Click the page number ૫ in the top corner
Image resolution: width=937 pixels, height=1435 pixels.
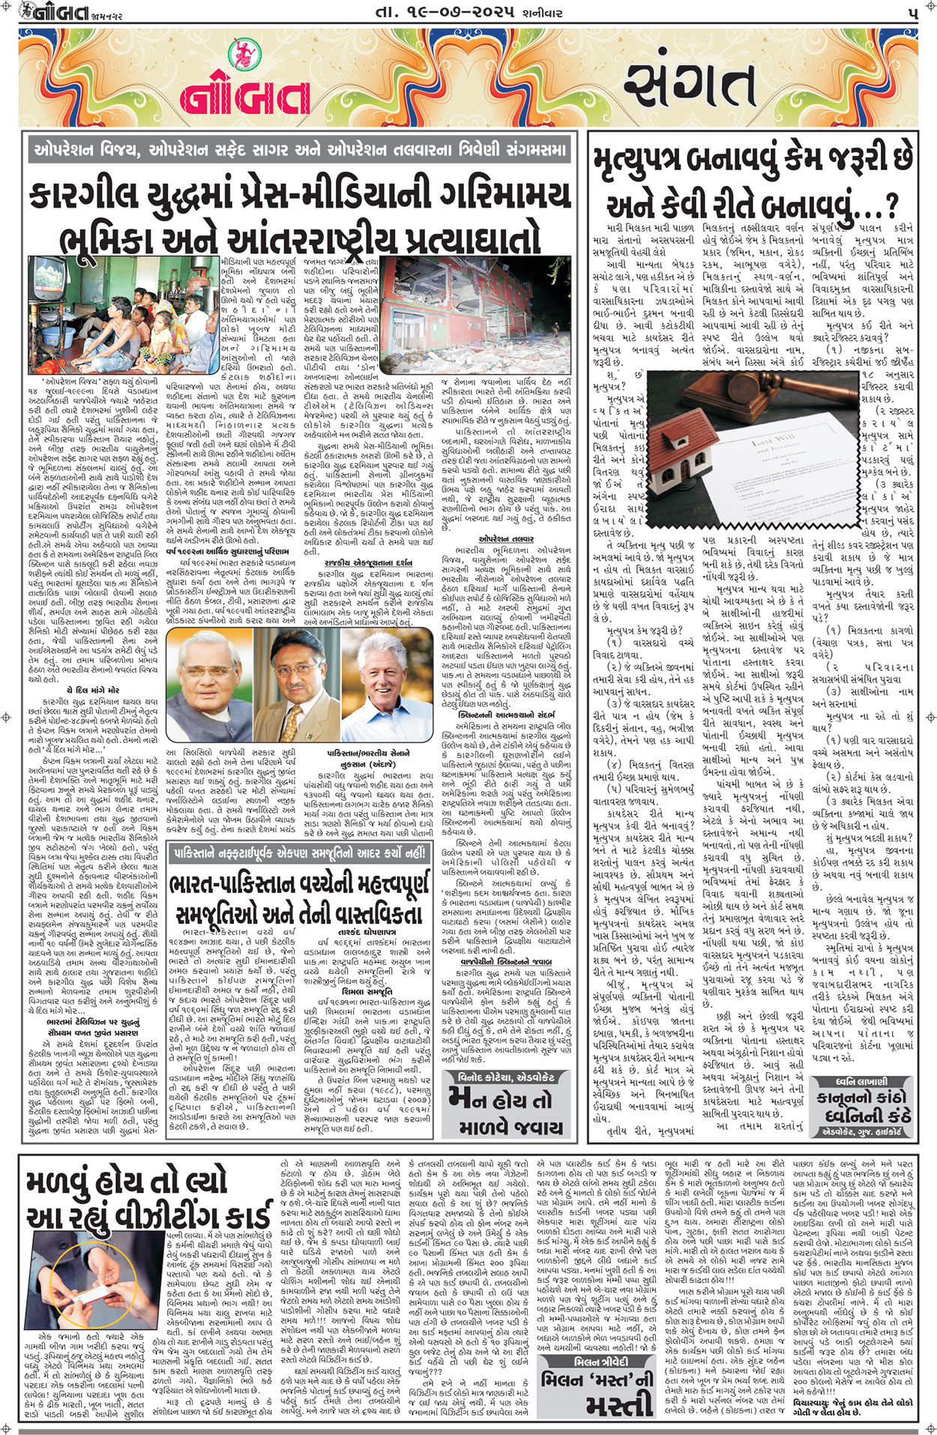coord(911,13)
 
